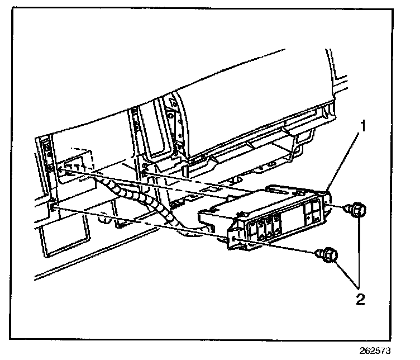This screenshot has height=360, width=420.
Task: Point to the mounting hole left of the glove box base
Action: (146, 166)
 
